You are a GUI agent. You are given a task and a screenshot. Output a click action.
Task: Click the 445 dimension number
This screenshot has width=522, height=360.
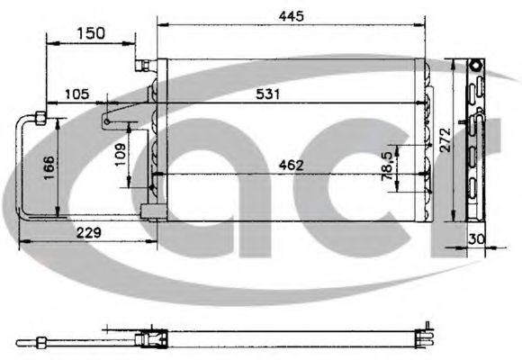coord(291,15)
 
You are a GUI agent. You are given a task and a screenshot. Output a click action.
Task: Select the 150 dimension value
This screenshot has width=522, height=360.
coord(90,33)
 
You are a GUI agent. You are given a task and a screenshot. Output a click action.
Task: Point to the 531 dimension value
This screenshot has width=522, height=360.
coord(268,94)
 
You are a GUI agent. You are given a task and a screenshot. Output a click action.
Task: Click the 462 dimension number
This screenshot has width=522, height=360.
coord(291,164)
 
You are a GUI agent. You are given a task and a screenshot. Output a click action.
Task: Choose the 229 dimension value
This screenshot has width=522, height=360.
coord(87,232)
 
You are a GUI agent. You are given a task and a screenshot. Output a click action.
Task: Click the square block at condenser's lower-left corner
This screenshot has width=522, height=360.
coord(150,213)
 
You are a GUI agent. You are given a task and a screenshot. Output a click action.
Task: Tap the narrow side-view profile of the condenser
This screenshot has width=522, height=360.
coord(476,144)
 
